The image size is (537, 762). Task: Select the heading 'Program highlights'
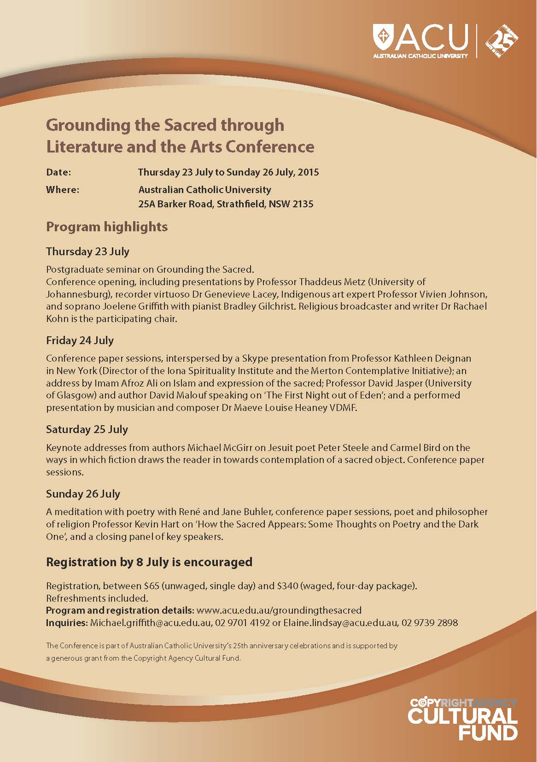pyautogui.click(x=107, y=227)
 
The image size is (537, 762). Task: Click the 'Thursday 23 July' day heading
pyautogui.click(x=88, y=252)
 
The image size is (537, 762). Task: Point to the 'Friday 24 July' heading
pyautogui.click(x=80, y=340)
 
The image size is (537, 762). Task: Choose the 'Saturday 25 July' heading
pyautogui.click(x=87, y=429)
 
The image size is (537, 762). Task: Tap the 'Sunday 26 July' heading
pyautogui.click(x=83, y=494)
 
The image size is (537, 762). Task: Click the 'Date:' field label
pyautogui.click(x=58, y=172)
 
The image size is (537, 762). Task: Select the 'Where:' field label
pyautogui.click(x=63, y=190)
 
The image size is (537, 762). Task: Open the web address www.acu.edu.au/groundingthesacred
pyautogui.click(x=279, y=610)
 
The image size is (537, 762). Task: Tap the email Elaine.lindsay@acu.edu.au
pyautogui.click(x=341, y=623)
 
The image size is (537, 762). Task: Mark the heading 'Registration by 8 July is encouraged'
pyautogui.click(x=149, y=562)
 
